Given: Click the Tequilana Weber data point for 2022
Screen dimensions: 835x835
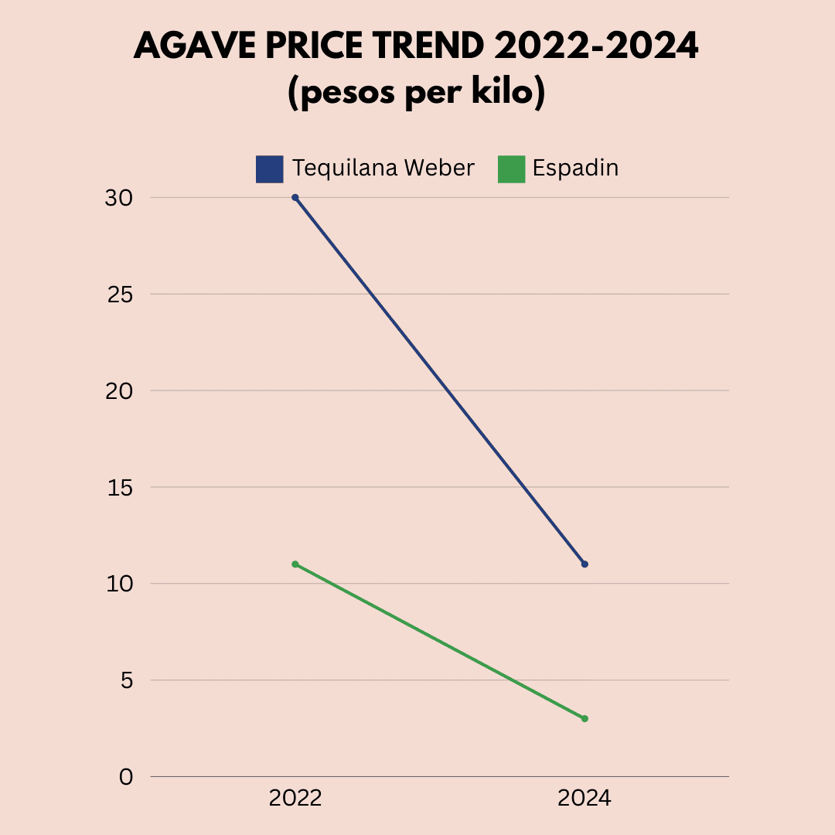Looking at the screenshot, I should pyautogui.click(x=295, y=197).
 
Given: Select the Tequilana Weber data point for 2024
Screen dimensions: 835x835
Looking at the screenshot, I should pyautogui.click(x=584, y=564).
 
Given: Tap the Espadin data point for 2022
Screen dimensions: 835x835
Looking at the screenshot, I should pyautogui.click(x=295, y=564).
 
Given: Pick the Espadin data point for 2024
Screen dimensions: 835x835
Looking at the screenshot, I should pyautogui.click(x=584, y=719).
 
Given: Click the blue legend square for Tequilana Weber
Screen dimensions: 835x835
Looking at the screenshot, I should pyautogui.click(x=269, y=169).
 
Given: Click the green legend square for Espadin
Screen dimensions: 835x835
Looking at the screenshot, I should pyautogui.click(x=510, y=169).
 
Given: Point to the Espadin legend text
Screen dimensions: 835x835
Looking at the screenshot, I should pyautogui.click(x=575, y=168).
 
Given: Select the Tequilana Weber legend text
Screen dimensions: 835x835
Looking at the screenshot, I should pyautogui.click(x=383, y=168).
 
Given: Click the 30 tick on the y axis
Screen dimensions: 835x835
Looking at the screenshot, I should pyautogui.click(x=118, y=198).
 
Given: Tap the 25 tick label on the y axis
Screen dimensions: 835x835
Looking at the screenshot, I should pyautogui.click(x=118, y=295).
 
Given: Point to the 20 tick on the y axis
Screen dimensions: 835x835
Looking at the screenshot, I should pyautogui.click(x=118, y=391).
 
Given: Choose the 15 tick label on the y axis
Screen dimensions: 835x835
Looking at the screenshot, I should pyautogui.click(x=118, y=488).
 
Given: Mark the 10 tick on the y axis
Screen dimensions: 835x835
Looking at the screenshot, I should pyautogui.click(x=118, y=584).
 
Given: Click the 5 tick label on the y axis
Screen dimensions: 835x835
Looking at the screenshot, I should pyautogui.click(x=126, y=680).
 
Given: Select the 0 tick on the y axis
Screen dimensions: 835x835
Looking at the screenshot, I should pyautogui.click(x=126, y=777).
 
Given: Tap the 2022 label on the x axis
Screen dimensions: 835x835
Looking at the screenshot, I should pyautogui.click(x=295, y=799).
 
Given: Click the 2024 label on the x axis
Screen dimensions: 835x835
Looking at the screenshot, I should pyautogui.click(x=584, y=799).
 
